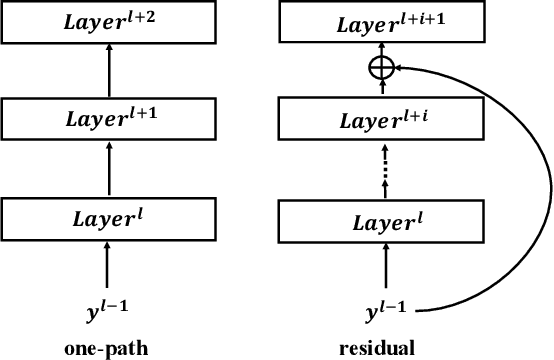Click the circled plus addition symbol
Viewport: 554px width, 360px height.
tap(380, 68)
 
